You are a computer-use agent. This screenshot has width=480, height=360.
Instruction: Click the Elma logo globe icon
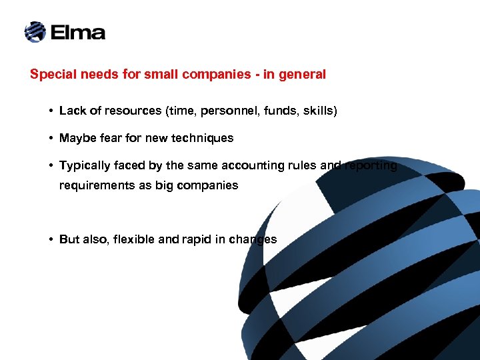point(35,31)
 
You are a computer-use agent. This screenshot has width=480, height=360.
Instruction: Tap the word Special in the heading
point(51,75)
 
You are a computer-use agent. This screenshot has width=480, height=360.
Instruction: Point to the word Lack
point(71,111)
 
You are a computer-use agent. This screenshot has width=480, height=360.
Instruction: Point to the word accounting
point(250,165)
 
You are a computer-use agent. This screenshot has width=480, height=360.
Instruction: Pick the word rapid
point(193,239)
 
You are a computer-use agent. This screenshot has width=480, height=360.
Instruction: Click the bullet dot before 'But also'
point(51,239)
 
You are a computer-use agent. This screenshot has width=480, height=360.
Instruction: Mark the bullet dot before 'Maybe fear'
point(51,138)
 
